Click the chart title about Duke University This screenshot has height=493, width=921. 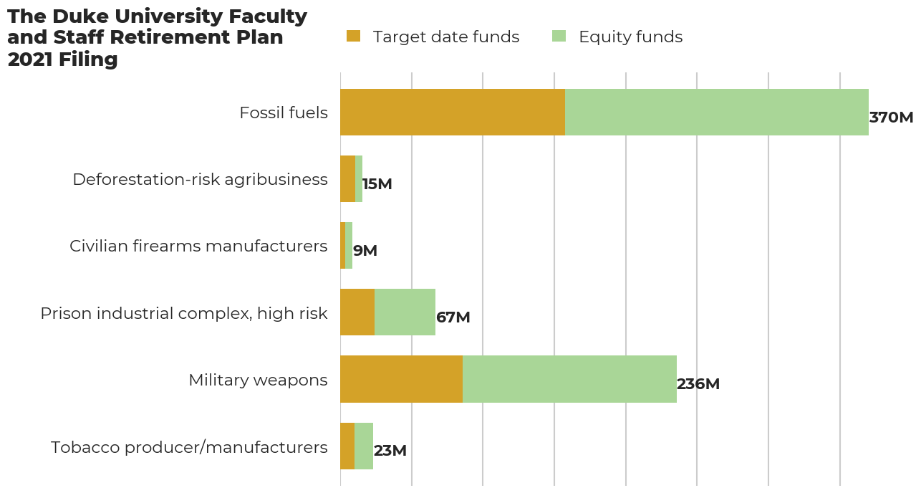click(157, 38)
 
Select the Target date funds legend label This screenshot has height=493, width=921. click(445, 37)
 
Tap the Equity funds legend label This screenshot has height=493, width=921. click(630, 37)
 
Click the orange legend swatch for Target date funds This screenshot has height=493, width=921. click(353, 37)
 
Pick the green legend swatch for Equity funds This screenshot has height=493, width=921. click(559, 37)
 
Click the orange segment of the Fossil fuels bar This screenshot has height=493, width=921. click(453, 113)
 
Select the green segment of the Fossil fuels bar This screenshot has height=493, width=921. click(716, 113)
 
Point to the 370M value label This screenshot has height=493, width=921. click(891, 118)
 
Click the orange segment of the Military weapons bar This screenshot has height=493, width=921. click(401, 379)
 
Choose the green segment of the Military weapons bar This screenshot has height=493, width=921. click(569, 379)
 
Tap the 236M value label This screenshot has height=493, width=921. click(698, 384)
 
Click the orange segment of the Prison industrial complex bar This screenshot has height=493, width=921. click(357, 312)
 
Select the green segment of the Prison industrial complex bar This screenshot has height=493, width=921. click(405, 312)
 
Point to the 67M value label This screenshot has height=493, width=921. click(453, 317)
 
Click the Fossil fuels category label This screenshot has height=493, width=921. click(284, 113)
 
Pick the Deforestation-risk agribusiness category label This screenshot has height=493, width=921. click(200, 180)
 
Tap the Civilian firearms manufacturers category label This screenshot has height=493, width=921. click(198, 247)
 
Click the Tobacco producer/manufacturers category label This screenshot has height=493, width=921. click(189, 448)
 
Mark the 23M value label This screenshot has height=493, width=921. click(390, 451)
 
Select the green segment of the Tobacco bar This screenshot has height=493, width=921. click(364, 446)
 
